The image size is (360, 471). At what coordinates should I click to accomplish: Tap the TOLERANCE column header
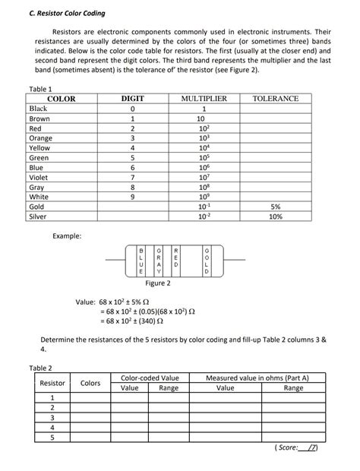[275, 99]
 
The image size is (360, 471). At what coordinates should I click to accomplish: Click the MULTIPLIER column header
[204, 99]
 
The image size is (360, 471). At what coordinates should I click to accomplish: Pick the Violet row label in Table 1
[38, 177]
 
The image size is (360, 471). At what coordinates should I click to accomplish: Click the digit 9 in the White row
[132, 197]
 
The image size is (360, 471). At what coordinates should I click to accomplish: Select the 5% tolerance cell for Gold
[275, 207]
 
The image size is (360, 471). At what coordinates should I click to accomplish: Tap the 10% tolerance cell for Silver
[275, 217]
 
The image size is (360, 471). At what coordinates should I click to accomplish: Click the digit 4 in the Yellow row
[132, 147]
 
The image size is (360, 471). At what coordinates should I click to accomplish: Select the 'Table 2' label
[40, 368]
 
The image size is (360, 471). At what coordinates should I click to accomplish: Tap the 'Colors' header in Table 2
[90, 383]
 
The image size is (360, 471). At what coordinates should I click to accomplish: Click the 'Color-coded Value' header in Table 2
[150, 378]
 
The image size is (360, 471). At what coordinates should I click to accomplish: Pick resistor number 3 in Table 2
[52, 417]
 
